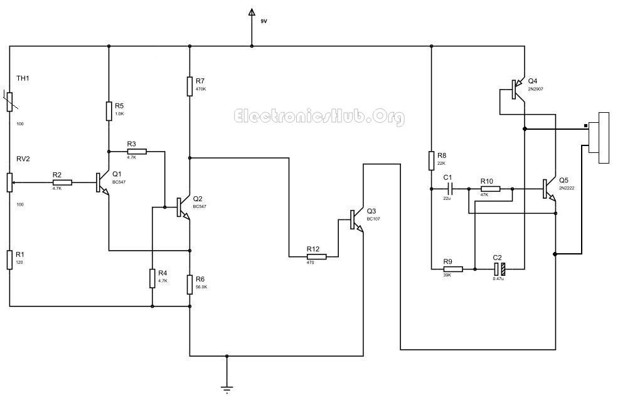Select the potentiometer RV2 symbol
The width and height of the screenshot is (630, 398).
pos(10,182)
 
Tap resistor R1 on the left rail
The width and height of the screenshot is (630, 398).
pos(10,259)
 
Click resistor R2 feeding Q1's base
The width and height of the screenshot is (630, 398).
pos(61,182)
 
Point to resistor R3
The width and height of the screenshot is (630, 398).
pos(136,151)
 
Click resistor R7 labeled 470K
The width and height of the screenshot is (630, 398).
pos(190,86)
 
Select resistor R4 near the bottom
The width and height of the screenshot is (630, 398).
pos(152,278)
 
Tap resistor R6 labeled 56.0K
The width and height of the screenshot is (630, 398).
pos(190,285)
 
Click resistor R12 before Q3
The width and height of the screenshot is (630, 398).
pos(316,256)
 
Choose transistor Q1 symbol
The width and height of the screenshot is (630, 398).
pos(101,183)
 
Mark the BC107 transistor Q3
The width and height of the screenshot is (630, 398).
pos(356,219)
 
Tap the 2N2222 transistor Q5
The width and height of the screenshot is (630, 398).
pos(548,188)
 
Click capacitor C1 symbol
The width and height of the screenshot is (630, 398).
pos(449,189)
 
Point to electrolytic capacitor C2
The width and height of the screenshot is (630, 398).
pos(499,269)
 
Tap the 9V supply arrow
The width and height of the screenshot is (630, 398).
pos(252,13)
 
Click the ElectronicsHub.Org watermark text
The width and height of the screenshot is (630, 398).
pos(319,117)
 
